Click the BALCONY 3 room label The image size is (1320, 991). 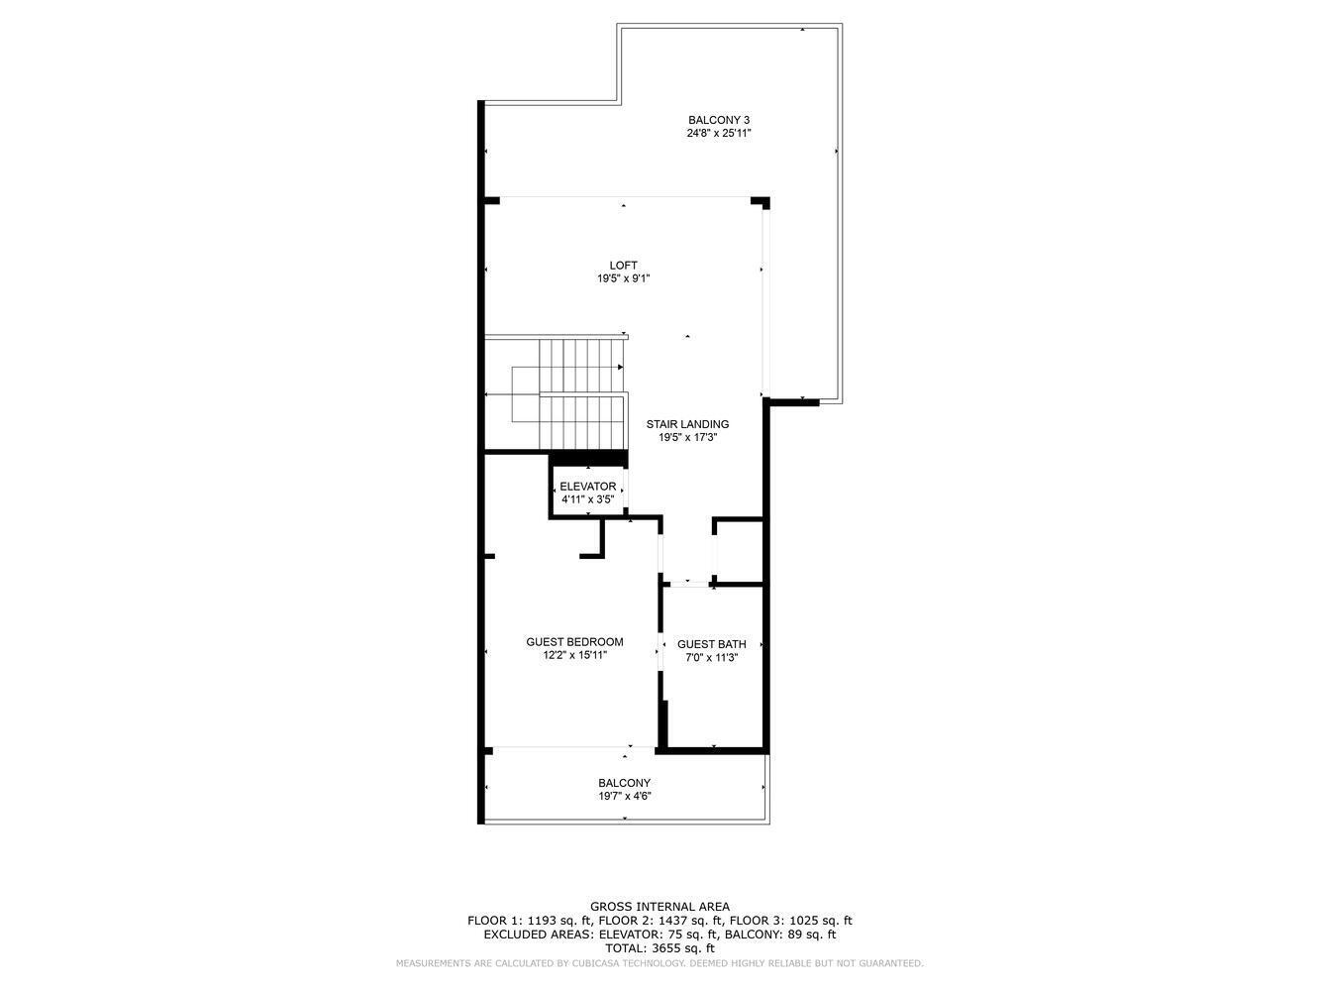719,120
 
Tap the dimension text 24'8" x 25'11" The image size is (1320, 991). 719,133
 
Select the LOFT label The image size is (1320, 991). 623,265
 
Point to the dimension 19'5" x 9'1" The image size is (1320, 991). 623,278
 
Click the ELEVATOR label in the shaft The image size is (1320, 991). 587,487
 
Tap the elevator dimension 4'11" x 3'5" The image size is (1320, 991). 587,499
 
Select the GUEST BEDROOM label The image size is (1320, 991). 574,642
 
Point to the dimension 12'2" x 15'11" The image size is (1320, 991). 574,655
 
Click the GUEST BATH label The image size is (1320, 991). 711,644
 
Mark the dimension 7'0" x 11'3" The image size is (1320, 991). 711,657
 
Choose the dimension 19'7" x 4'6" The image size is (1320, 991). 624,796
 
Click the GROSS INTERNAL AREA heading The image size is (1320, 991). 660,906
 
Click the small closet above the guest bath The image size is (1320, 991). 739,551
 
